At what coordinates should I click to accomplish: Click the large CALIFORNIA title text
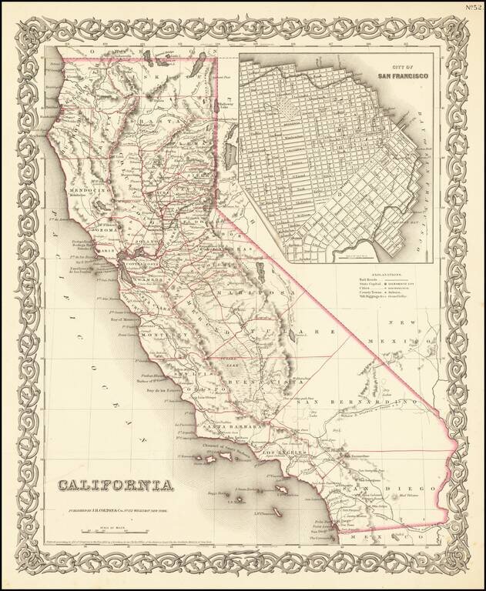tap(112, 485)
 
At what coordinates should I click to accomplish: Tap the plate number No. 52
tap(473, 8)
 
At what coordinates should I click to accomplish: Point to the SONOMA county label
tap(106, 230)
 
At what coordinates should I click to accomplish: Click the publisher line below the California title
tap(112, 510)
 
